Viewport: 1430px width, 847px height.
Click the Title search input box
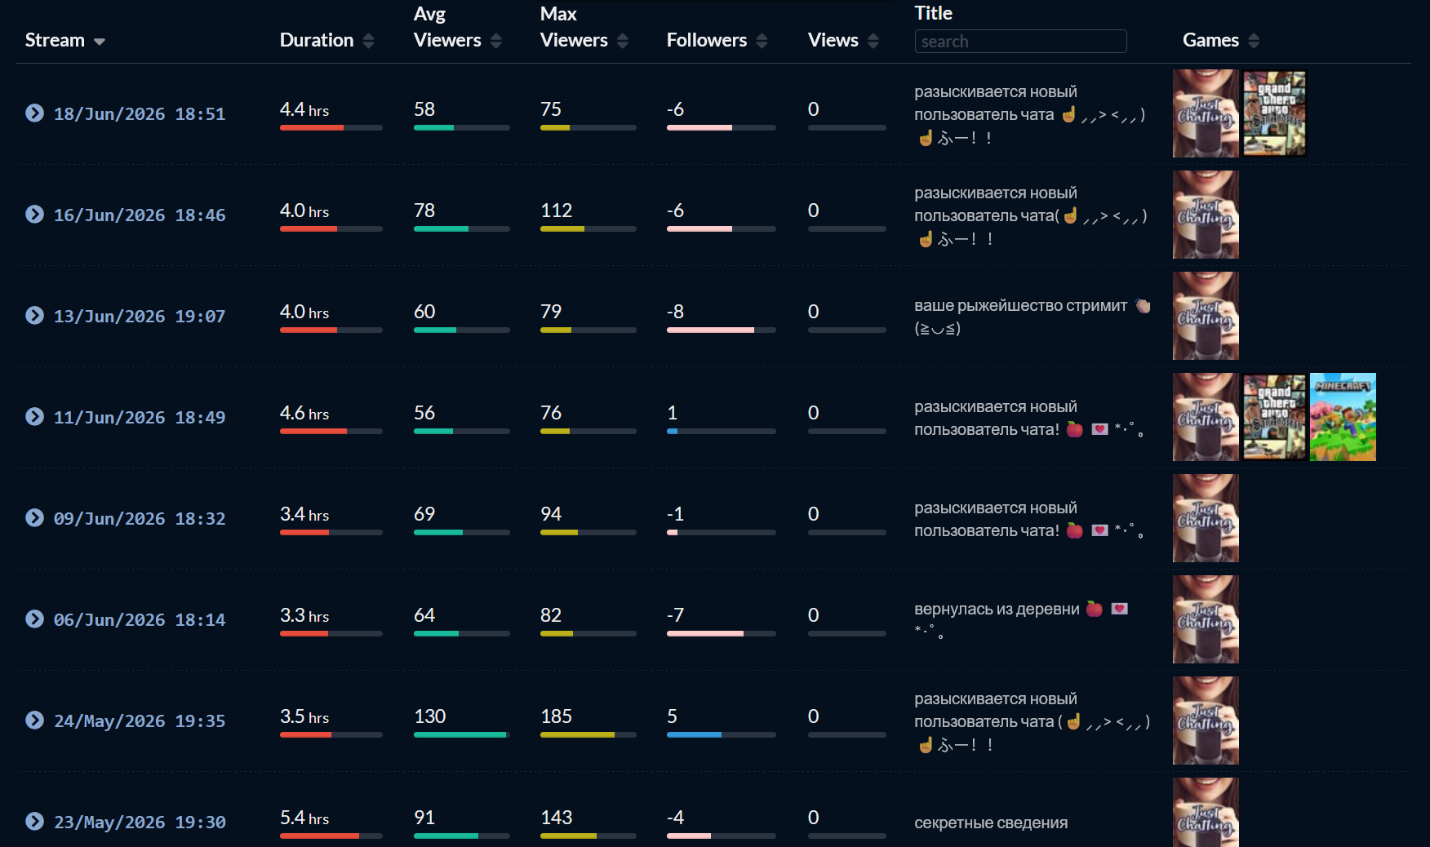click(1020, 41)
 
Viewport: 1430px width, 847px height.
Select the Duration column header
click(317, 40)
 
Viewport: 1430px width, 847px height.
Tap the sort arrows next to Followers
click(762, 41)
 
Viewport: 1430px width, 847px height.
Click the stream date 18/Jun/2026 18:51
click(140, 113)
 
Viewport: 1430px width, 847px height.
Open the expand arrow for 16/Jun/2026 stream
click(34, 214)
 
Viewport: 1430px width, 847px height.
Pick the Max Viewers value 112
click(556, 211)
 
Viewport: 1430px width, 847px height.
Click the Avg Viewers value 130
click(429, 716)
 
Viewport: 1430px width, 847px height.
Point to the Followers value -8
click(675, 312)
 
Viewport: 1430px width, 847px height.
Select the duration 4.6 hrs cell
click(304, 413)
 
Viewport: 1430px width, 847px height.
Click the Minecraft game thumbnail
click(1343, 417)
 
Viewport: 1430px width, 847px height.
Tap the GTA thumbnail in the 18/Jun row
click(1274, 113)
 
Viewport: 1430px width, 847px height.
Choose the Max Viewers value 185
click(556, 716)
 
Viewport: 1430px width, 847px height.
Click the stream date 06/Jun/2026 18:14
click(140, 619)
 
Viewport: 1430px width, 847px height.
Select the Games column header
click(1210, 40)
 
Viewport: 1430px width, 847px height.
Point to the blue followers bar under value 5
click(694, 734)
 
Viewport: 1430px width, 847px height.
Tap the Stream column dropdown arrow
click(100, 42)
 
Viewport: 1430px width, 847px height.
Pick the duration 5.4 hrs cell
click(304, 818)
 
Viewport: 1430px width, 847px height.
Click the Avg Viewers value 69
click(424, 514)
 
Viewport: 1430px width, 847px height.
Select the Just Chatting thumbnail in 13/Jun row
click(1206, 316)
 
